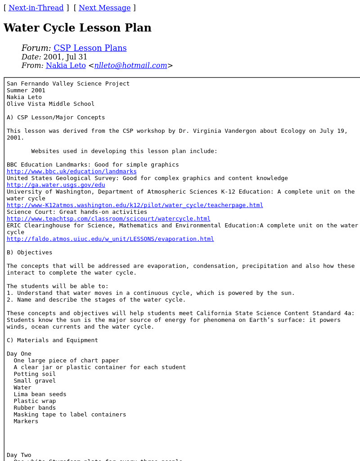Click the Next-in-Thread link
[x=36, y=8]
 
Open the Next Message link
[x=104, y=8]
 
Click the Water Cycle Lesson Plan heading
[x=77, y=28]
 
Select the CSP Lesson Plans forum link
[x=90, y=48]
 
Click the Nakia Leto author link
[x=66, y=65]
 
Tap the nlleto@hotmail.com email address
[x=130, y=65]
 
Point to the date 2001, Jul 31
[x=65, y=57]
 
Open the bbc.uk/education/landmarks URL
[x=72, y=172]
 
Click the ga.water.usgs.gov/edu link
[x=56, y=185]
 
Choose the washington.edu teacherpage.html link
[x=135, y=205]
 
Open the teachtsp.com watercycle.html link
[x=108, y=219]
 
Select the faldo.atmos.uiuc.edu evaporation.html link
[x=110, y=239]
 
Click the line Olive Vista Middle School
[x=50, y=104]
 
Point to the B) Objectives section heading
[x=29, y=253]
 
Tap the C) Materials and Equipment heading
[x=52, y=340]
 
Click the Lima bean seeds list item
[x=40, y=394]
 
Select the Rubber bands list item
[x=35, y=408]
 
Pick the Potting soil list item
[x=35, y=374]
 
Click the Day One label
[x=19, y=354]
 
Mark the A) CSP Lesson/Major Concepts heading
[x=56, y=118]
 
